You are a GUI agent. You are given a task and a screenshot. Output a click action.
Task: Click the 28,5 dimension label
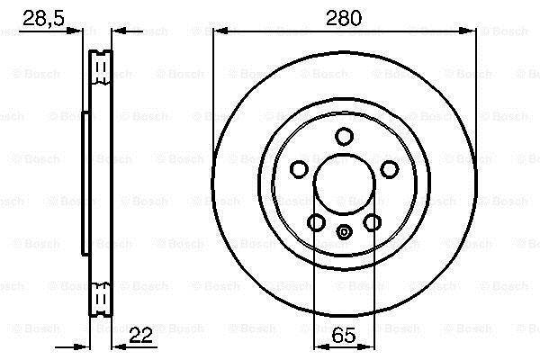pos(43,19)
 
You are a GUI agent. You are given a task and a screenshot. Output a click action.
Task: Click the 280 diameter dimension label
pos(344,18)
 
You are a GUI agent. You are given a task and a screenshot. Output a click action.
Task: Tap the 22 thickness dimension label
pos(140,335)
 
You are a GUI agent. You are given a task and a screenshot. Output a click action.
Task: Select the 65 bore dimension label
pos(344,335)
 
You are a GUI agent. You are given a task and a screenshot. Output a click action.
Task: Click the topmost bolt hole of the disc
pos(344,137)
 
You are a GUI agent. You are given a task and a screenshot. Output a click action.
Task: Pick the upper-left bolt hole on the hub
pos(299,169)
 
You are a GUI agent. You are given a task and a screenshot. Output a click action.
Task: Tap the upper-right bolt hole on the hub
pos(390,169)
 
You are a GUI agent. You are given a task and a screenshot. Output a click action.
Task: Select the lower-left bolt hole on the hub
pos(316,222)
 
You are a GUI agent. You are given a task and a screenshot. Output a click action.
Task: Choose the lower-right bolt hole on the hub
pos(373,222)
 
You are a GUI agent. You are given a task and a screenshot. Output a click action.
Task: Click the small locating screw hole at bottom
pos(344,232)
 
